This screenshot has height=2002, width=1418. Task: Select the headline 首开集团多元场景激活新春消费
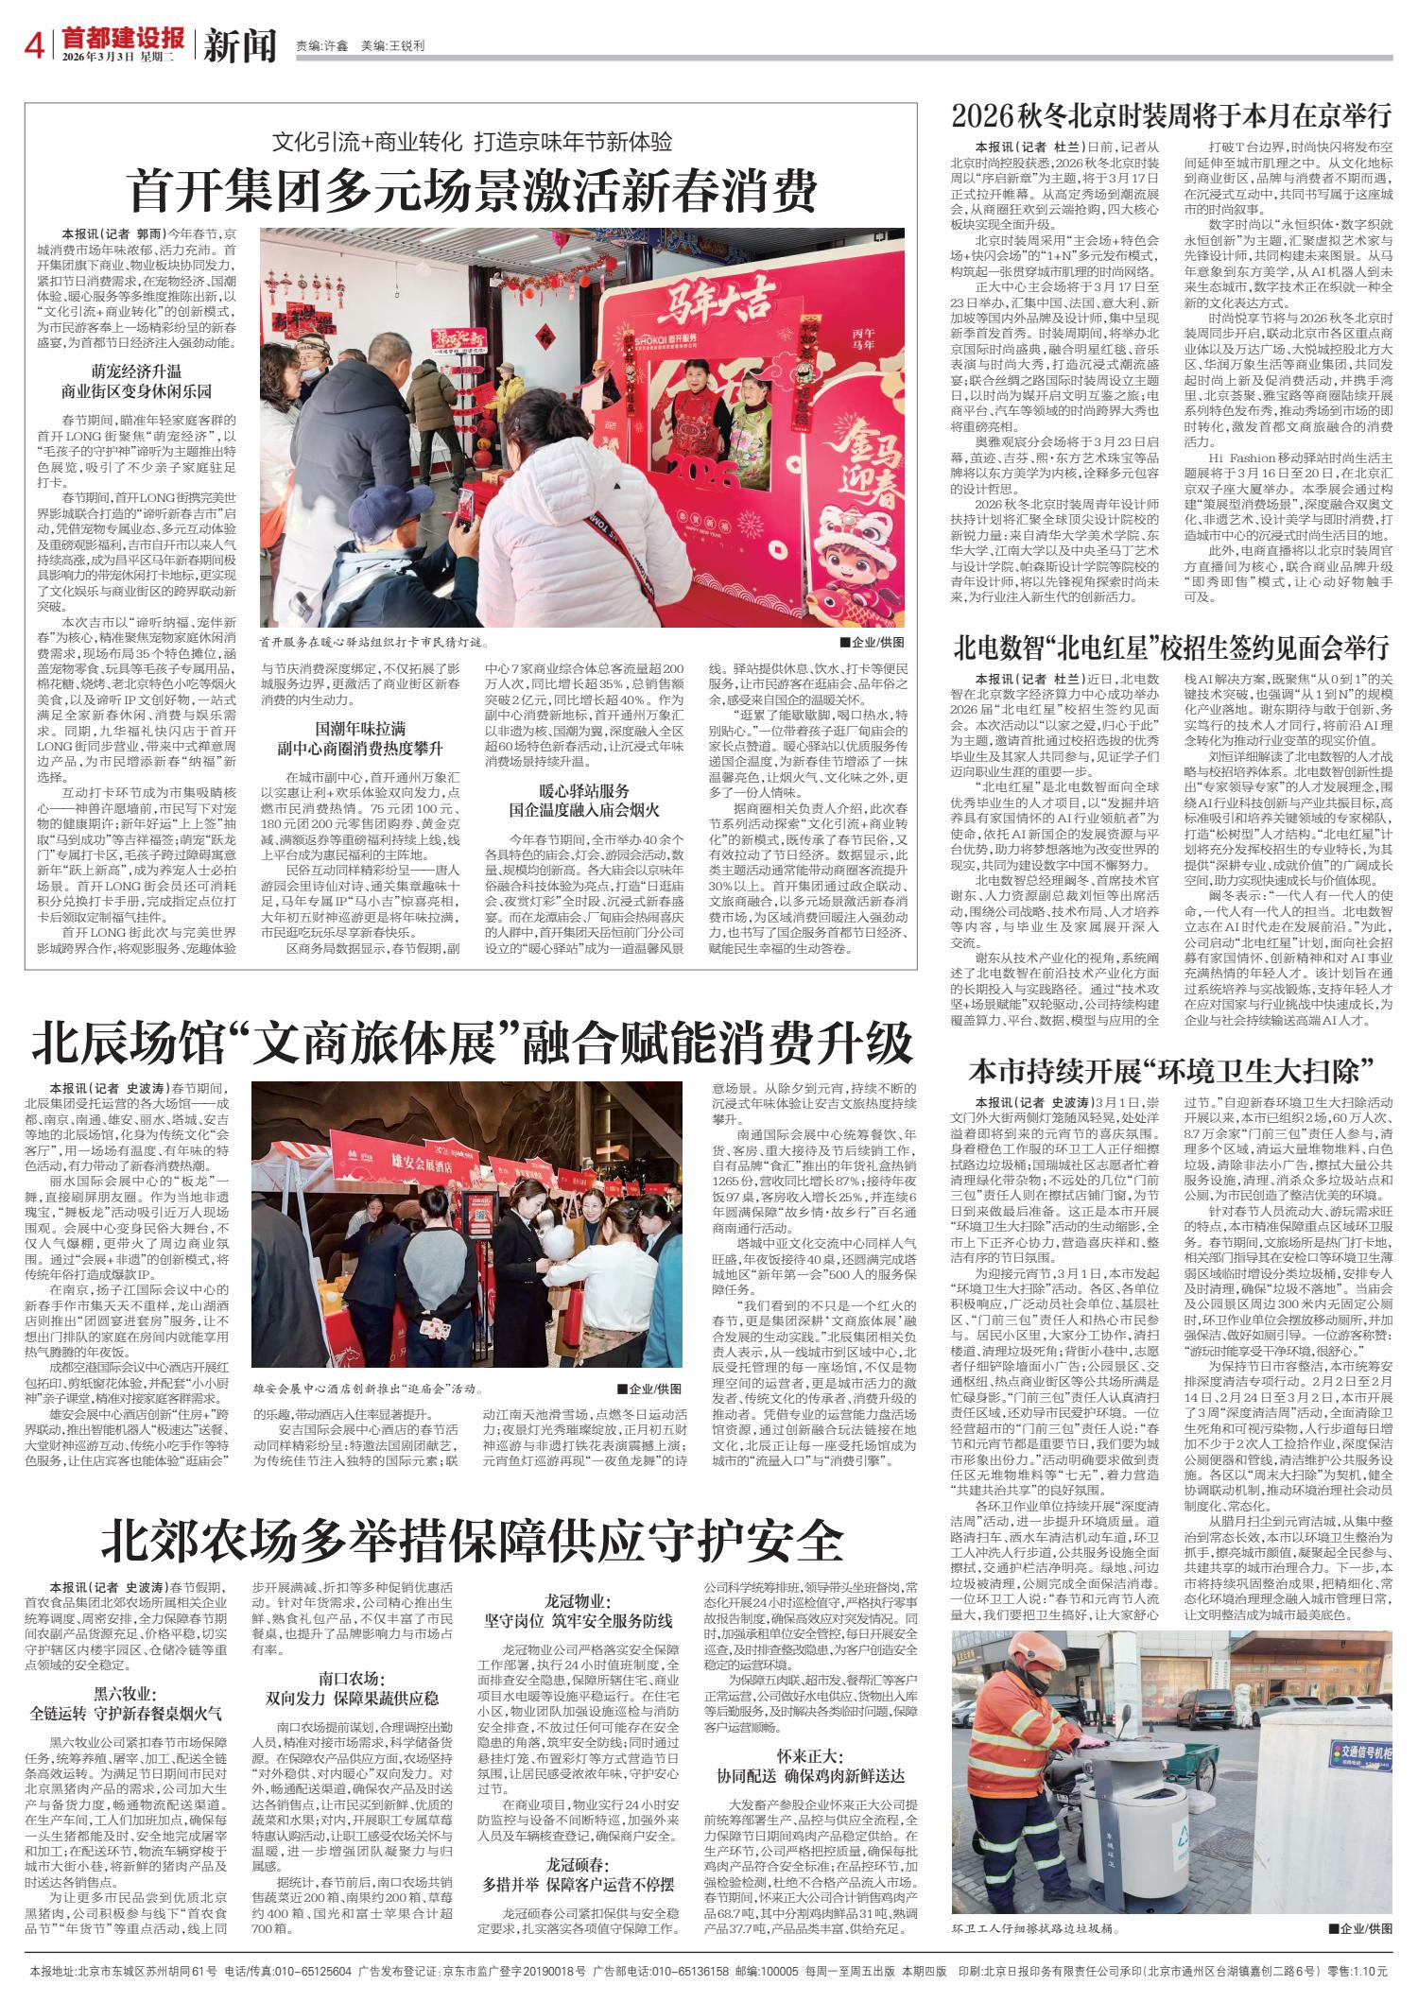473,192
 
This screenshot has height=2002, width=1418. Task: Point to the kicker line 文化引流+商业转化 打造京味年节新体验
472,144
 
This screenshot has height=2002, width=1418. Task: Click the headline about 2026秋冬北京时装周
1172,115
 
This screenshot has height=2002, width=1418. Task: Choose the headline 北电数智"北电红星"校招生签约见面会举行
1172,648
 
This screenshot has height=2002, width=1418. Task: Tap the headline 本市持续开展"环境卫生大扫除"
1172,1071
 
